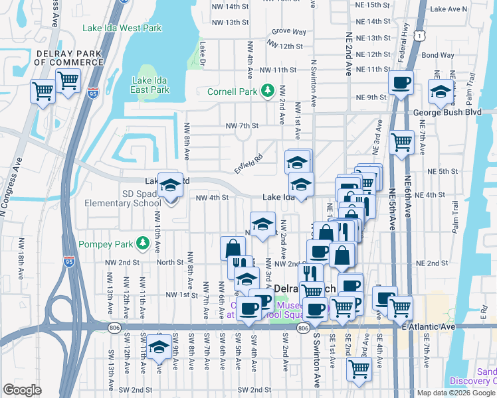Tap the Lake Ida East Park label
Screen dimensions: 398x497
[149, 84]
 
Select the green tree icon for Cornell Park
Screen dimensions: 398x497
[268, 90]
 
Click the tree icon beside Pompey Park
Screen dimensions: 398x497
[142, 243]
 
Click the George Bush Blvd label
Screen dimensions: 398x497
[458, 113]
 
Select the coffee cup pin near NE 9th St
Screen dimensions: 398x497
[401, 84]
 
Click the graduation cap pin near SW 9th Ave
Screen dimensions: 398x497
[158, 348]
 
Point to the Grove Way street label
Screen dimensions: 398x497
[288, 31]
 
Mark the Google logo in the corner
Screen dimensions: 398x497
[23, 389]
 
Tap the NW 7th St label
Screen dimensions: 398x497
[241, 125]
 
